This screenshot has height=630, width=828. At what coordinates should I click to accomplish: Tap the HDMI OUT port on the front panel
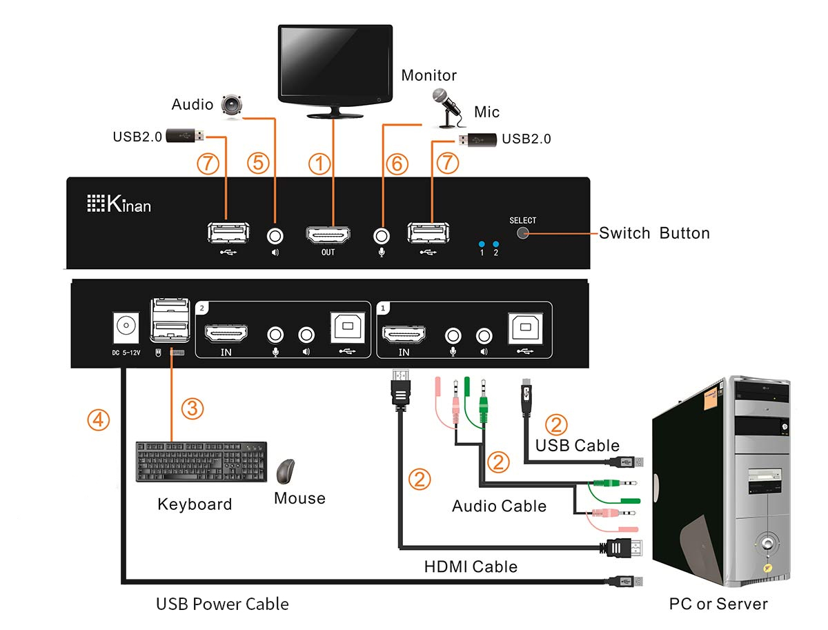327,234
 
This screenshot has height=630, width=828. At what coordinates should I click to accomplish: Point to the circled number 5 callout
258,164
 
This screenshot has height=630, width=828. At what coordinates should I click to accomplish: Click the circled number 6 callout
397,164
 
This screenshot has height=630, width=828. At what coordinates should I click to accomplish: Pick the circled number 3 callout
193,408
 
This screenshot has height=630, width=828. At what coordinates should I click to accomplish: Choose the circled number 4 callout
98,419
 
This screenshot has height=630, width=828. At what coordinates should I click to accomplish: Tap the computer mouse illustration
286,471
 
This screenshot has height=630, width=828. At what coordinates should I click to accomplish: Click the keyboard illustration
201,462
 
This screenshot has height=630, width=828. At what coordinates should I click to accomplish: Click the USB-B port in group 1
525,329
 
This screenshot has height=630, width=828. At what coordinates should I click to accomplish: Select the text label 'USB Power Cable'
222,604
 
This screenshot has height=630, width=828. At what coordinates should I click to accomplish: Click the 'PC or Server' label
718,604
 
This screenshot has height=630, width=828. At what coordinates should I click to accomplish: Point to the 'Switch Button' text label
654,233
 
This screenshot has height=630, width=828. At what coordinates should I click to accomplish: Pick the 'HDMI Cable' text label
471,567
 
